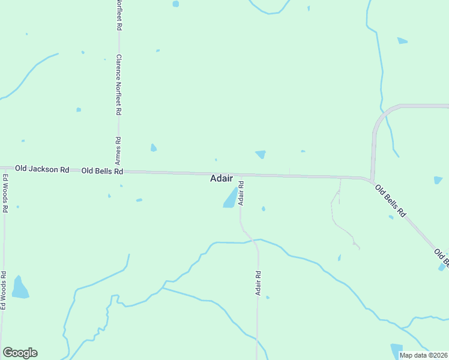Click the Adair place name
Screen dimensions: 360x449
pyautogui.click(x=221, y=179)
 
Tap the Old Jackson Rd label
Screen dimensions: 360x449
pyautogui.click(x=42, y=170)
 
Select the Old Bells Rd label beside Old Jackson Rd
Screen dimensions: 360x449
pyautogui.click(x=102, y=171)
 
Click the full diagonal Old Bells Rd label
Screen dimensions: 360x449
pyautogui.click(x=391, y=201)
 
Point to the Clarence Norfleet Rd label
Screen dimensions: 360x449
pyautogui.click(x=119, y=85)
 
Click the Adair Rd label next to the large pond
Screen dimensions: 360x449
pyautogui.click(x=241, y=193)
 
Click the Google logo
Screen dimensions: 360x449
pyautogui.click(x=20, y=353)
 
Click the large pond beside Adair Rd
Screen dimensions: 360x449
pyautogui.click(x=231, y=198)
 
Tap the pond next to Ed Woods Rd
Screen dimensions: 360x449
pyautogui.click(x=20, y=288)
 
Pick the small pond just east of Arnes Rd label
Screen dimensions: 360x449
pyautogui.click(x=154, y=148)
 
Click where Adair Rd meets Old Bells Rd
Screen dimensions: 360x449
pyautogui.click(x=241, y=175)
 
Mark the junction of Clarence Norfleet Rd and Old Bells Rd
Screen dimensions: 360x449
pyautogui.click(x=119, y=172)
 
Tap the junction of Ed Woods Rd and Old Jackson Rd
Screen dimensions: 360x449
pyautogui.click(x=5, y=168)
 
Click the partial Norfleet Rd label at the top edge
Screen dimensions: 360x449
pyautogui.click(x=119, y=16)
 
